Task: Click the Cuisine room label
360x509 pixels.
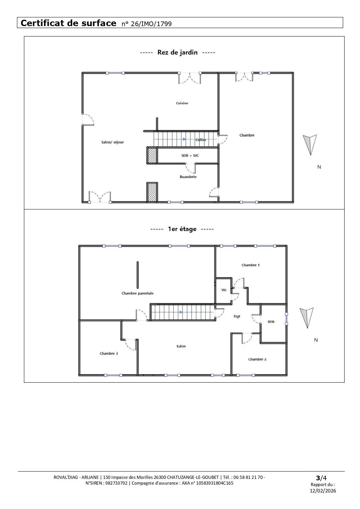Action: click(182, 103)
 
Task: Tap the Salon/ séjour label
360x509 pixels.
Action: click(113, 142)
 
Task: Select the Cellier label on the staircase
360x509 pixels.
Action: click(201, 140)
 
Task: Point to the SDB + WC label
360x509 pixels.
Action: click(190, 156)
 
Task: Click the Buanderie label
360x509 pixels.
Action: click(188, 177)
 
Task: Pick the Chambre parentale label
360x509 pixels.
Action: click(138, 293)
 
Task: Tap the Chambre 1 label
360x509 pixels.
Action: click(251, 265)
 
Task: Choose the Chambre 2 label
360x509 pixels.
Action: click(257, 359)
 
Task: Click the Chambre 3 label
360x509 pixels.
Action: click(109, 354)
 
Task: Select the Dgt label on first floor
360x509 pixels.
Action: click(237, 316)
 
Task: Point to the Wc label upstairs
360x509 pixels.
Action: click(224, 290)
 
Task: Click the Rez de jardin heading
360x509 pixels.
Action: click(178, 52)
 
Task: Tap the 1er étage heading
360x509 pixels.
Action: click(182, 229)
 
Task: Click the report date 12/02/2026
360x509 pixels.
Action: click(323, 491)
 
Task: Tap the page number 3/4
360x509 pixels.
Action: click(321, 478)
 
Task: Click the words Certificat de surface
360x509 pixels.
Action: click(68, 23)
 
